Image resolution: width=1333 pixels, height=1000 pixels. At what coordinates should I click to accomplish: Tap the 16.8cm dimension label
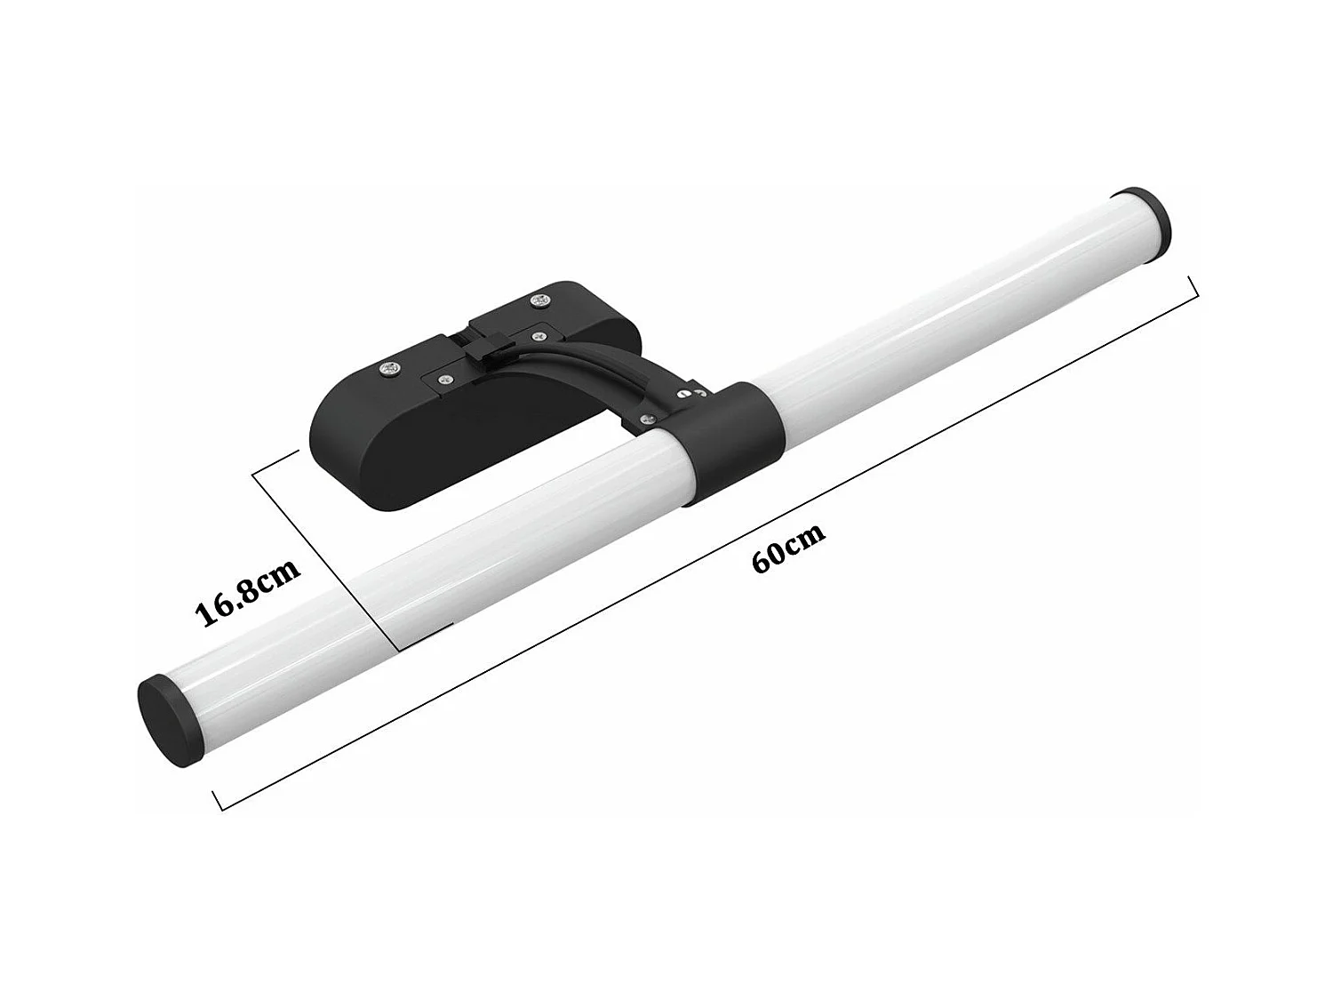click(250, 589)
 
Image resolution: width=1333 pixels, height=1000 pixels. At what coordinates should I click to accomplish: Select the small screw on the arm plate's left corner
click(439, 378)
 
